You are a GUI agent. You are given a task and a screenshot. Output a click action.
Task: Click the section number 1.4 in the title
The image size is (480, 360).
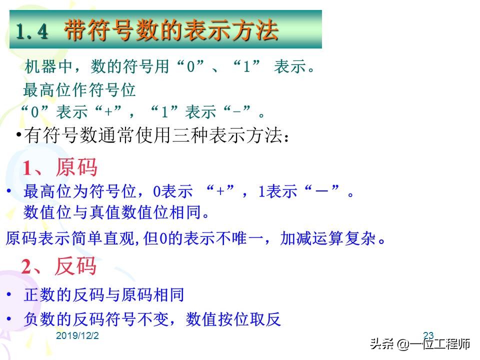pyautogui.click(x=32, y=32)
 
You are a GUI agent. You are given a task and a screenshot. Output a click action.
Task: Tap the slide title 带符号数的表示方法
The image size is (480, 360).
pyautogui.click(x=171, y=31)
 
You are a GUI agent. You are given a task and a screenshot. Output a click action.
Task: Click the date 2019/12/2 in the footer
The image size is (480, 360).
pyautogui.click(x=77, y=335)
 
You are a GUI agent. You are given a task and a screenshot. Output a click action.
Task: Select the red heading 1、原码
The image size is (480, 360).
pyautogui.click(x=59, y=168)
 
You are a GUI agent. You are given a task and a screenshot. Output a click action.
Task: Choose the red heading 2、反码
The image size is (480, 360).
pyautogui.click(x=58, y=266)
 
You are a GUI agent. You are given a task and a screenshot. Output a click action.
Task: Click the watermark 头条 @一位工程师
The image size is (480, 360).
pyautogui.click(x=419, y=344)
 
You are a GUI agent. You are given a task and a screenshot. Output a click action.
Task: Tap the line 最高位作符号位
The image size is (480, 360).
pyautogui.click(x=79, y=90)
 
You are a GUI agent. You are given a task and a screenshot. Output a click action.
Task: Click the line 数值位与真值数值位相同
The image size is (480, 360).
pyautogui.click(x=116, y=212)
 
